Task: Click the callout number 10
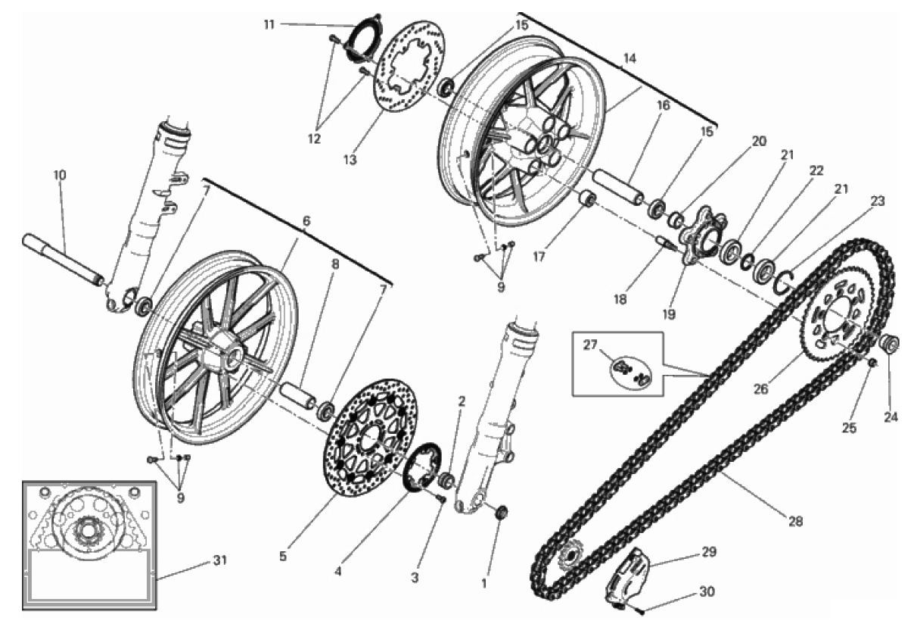[60, 175]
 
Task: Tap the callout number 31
[219, 560]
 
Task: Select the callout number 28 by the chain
[794, 521]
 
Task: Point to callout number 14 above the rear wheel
[629, 58]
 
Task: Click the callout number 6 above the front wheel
[306, 220]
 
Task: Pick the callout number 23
[877, 201]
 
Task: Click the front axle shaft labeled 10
[64, 260]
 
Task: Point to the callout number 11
[269, 24]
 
